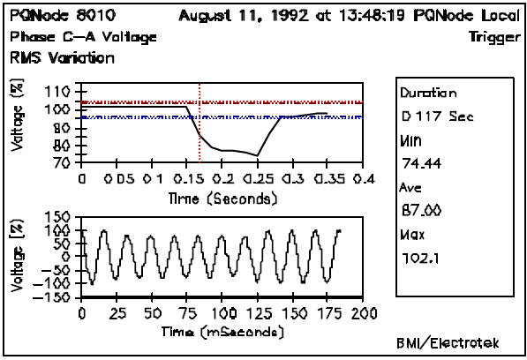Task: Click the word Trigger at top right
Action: coord(492,37)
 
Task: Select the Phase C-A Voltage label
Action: coord(84,37)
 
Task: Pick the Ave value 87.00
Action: coord(418,211)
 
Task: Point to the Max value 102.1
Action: coord(418,258)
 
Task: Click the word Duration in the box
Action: coord(428,92)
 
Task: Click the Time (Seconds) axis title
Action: coord(222,199)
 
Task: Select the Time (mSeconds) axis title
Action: coord(222,333)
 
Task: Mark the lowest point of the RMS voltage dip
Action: coord(257,156)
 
